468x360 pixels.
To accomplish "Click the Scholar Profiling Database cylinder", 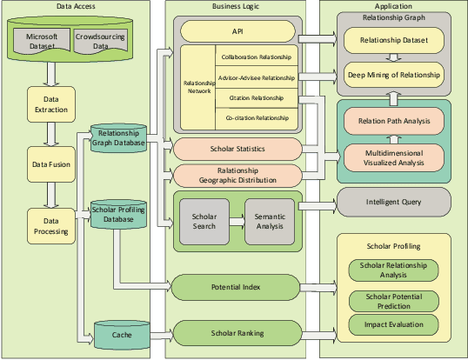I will [x=118, y=214].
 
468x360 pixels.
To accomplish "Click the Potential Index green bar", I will [x=237, y=285].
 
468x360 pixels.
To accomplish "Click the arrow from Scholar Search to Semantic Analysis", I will [x=237, y=221].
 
